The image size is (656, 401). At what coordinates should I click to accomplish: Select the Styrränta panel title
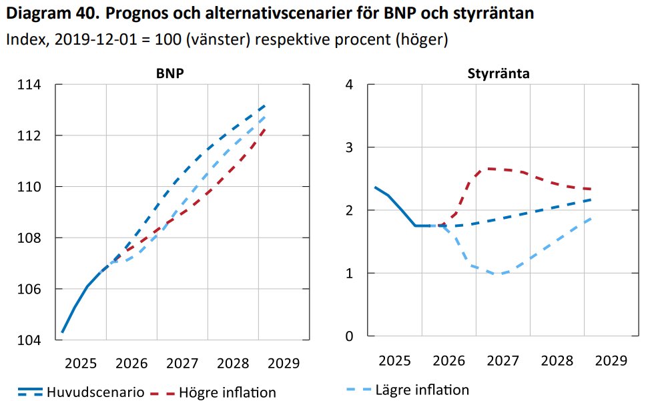coord(499,73)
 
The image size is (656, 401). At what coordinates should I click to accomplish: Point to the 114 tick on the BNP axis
coord(28,85)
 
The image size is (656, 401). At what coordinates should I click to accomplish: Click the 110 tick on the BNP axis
coord(28,187)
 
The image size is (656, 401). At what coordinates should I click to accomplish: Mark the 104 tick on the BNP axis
coord(28,340)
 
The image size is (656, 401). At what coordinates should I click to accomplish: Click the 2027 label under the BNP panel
coord(182,364)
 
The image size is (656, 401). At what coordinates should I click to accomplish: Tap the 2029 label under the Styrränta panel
coord(611,361)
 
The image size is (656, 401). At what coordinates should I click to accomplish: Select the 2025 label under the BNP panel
coord(80,364)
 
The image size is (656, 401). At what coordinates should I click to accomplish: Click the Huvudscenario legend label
coord(95,392)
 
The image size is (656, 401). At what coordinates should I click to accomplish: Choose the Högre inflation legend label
coord(227,392)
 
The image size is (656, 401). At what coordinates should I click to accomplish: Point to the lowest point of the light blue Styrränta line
coord(497,274)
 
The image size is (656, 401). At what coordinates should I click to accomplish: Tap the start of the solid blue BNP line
coord(62,332)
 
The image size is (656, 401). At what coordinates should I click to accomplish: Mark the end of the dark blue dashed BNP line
coord(265,105)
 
